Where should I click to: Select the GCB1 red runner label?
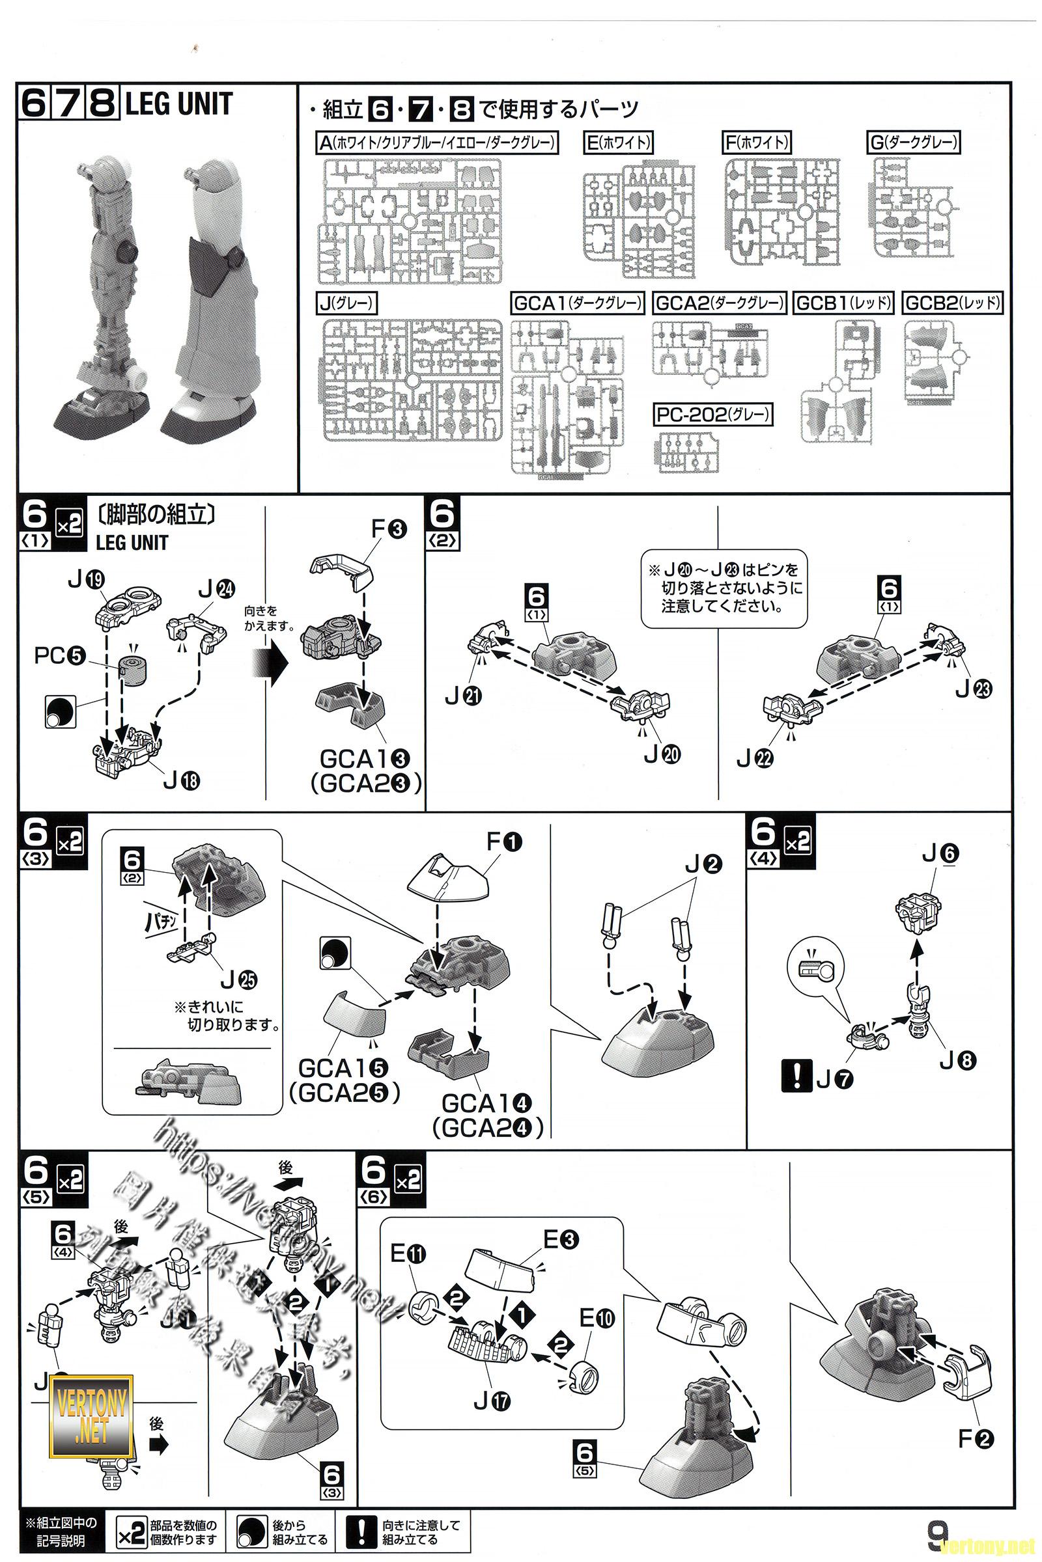click(843, 303)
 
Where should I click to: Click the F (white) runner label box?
click(757, 142)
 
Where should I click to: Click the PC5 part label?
click(60, 656)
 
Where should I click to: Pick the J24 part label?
click(216, 588)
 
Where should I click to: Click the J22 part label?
click(755, 758)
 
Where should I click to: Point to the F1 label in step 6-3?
click(504, 842)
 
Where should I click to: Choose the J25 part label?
click(238, 979)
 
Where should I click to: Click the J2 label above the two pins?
click(703, 864)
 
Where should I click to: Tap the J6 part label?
click(940, 854)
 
